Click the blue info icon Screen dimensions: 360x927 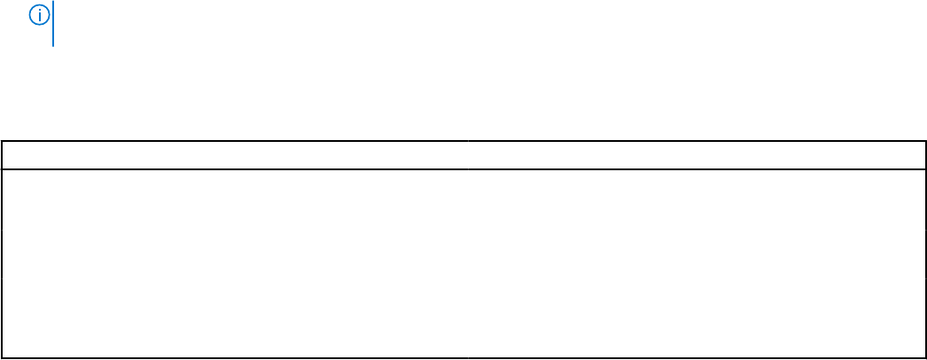[39, 14]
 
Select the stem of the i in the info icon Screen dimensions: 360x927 [39, 17]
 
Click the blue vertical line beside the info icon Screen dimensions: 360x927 [53, 24]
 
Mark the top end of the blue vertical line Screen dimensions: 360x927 [53, 2]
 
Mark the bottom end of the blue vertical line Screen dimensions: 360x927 [53, 45]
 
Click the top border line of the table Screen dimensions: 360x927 [463, 141]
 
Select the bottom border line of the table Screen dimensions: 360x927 [463, 358]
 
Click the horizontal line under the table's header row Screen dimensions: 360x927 [463, 168]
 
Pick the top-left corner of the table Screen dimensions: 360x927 [2, 141]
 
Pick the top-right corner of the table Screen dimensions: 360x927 [925, 141]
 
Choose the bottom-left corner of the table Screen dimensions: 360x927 [2, 358]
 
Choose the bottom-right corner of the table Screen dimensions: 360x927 [925, 358]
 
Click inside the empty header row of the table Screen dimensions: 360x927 [463, 155]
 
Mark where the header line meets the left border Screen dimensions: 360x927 [2, 168]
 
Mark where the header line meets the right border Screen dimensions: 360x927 [925, 168]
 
